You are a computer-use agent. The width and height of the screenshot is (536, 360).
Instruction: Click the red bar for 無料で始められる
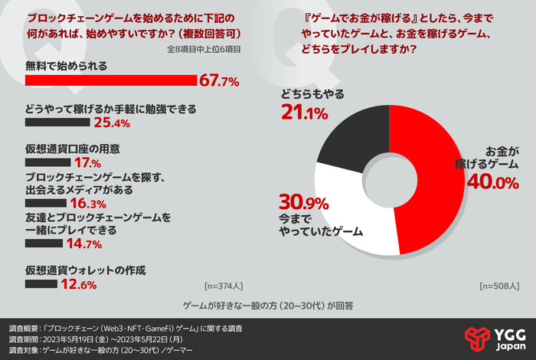[111, 80]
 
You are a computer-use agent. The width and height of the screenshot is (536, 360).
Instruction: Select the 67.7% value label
[220, 80]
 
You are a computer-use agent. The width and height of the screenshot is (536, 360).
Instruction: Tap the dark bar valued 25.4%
[57, 121]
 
